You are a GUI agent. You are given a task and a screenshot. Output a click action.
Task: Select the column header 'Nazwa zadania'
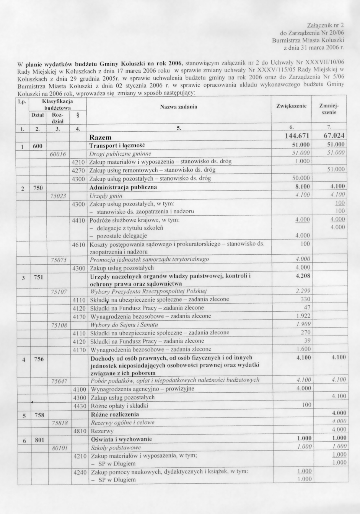[179, 107]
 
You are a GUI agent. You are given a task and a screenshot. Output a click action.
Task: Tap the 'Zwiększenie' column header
[291, 106]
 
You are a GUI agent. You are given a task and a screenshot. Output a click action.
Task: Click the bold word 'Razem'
[100, 137]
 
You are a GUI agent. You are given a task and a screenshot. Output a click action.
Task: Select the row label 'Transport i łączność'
[117, 145]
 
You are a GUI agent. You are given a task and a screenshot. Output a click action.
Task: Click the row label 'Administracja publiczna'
[123, 187]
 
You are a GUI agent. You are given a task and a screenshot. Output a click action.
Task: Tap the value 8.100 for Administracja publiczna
[303, 187]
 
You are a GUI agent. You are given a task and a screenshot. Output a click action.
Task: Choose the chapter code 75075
[59, 260]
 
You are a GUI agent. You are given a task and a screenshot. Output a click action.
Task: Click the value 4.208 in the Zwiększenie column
[303, 275]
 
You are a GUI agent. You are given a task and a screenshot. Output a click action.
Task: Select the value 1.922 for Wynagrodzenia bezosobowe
[303, 316]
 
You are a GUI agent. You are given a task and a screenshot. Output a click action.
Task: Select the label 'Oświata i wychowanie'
[121, 439]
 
